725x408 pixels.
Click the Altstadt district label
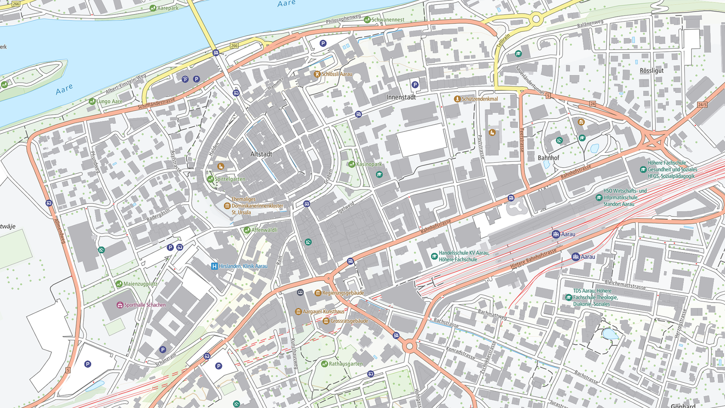coord(261,154)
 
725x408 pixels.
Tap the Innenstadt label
coord(401,97)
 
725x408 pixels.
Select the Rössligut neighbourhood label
coord(652,71)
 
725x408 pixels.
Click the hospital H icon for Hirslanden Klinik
coord(215,266)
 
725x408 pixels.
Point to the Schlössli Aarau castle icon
coord(317,74)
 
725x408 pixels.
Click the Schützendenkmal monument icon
coord(457,99)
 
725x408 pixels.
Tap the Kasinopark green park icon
coord(352,164)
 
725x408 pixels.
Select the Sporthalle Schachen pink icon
coord(120,305)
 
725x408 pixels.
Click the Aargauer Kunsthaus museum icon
coord(298,312)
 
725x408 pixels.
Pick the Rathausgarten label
coord(346,364)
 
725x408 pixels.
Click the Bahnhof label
coord(548,158)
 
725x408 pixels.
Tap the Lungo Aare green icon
coord(92,102)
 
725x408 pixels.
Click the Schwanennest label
coord(388,20)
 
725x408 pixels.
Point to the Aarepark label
coord(168,8)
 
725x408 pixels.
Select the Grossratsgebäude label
coord(349,321)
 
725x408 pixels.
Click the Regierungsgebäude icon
coord(318,293)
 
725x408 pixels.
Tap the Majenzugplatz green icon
coord(119,284)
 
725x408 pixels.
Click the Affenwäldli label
coord(264,230)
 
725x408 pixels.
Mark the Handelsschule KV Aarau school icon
coord(434,256)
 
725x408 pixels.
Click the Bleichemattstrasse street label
coord(625,284)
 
